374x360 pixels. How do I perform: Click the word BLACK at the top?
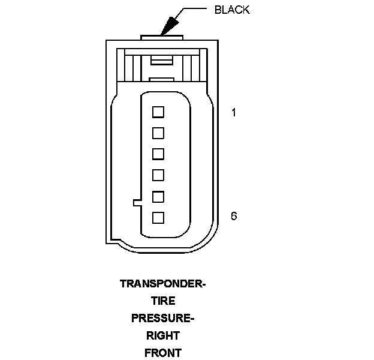pos(231,10)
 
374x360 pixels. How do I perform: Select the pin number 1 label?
pos(234,112)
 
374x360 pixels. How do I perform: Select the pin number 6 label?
pos(234,215)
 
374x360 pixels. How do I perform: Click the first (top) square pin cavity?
pos(158,112)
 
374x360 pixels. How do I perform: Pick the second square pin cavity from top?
pos(158,133)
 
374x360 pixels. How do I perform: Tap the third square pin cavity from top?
pos(158,154)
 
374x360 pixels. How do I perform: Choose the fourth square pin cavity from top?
pos(158,175)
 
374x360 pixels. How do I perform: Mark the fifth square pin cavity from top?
pos(158,196)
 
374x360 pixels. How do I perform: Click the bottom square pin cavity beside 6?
pos(158,217)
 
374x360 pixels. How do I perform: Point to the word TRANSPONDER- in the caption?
pos(162,284)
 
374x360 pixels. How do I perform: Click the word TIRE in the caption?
pos(162,301)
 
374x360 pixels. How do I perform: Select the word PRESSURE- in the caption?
pos(162,318)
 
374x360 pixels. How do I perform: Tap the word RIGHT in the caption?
pos(162,335)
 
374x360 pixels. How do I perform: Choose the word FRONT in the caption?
pos(162,352)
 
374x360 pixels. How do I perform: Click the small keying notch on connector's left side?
pos(137,202)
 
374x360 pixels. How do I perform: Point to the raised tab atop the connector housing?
pos(162,38)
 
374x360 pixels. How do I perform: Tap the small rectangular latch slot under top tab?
pos(162,59)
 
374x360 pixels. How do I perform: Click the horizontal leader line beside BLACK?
pos(195,9)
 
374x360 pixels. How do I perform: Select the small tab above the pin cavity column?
pos(162,79)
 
